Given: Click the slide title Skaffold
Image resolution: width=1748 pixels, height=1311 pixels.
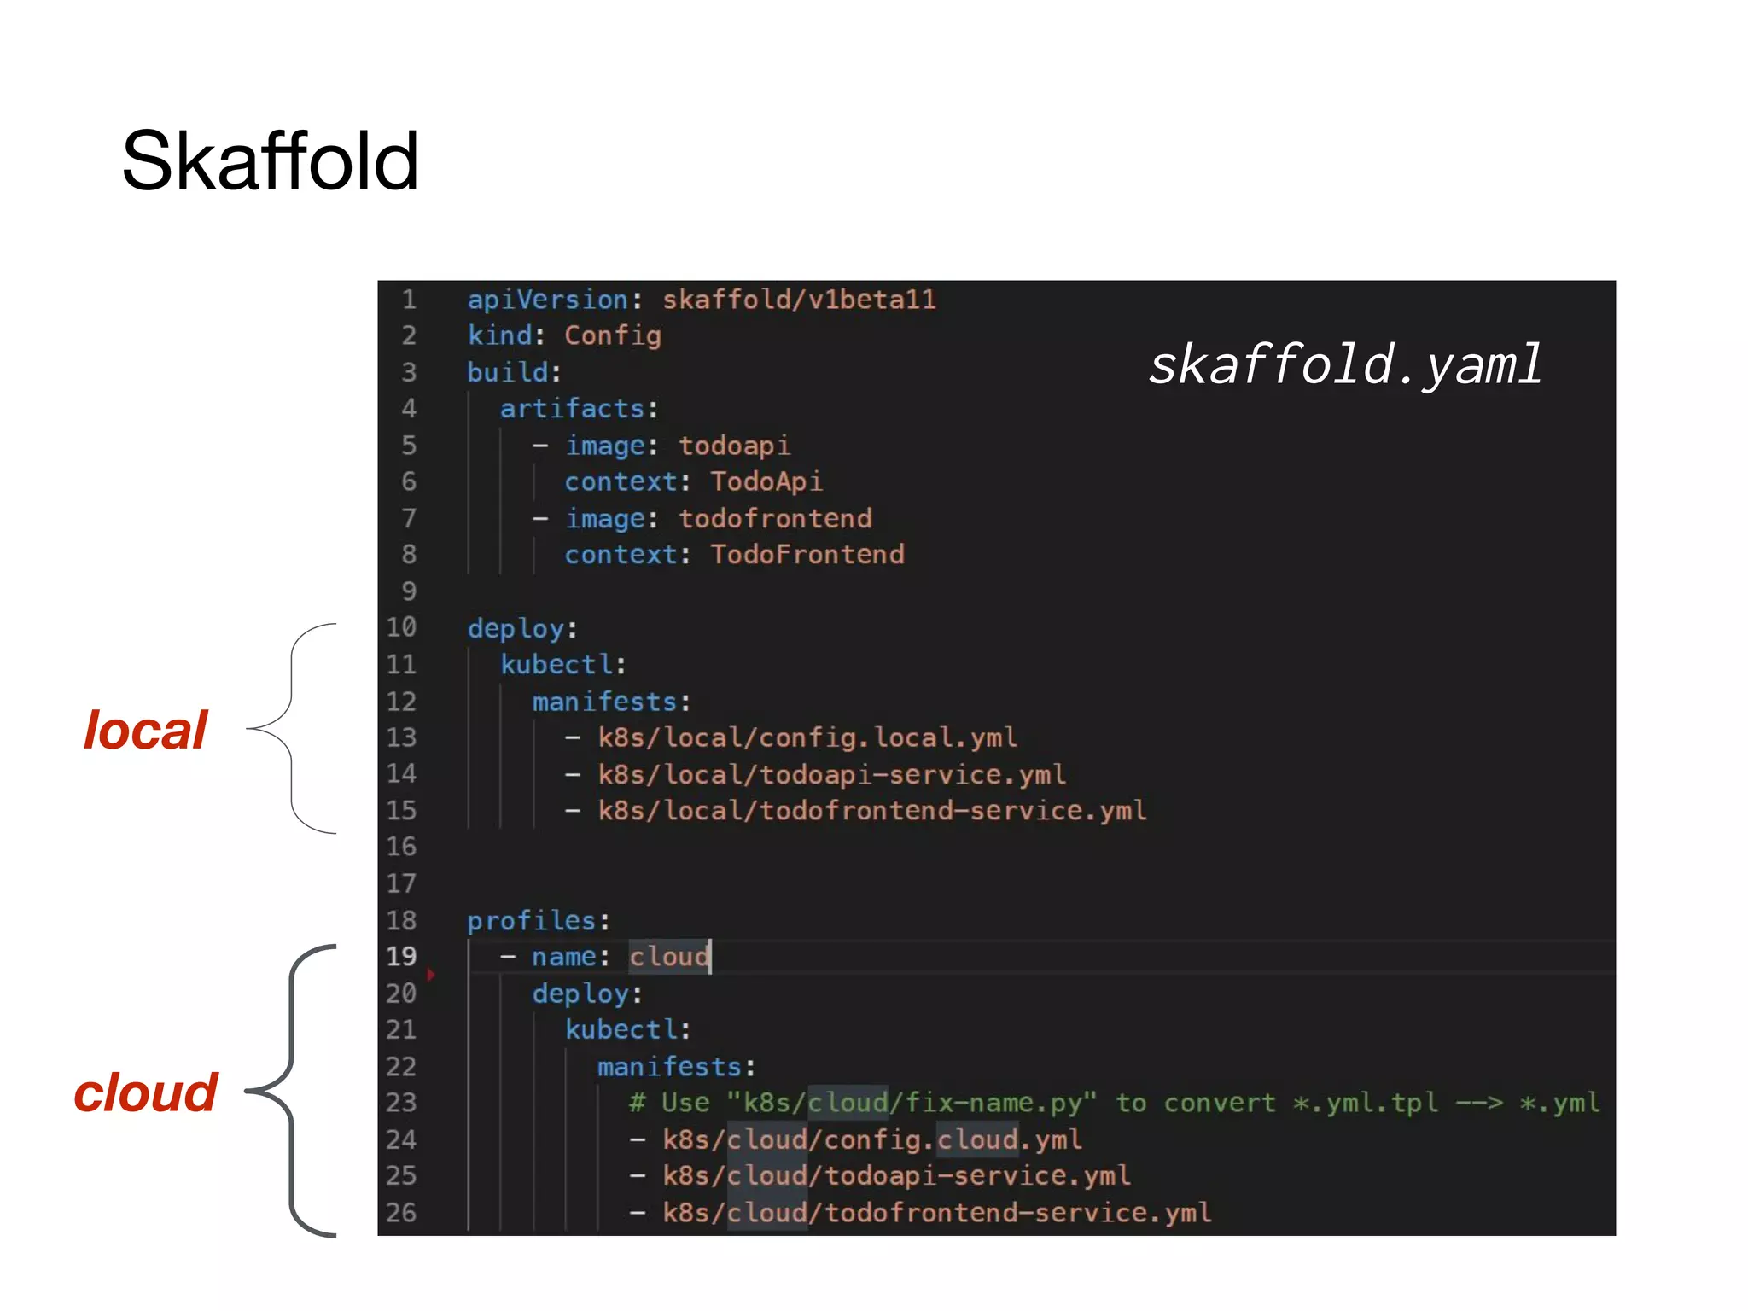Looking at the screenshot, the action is point(270,161).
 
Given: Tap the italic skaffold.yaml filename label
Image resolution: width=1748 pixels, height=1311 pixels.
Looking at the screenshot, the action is point(1344,365).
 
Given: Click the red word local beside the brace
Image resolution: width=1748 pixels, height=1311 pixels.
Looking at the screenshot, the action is point(145,731).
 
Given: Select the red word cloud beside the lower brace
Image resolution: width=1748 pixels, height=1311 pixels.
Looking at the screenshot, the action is point(146,1092).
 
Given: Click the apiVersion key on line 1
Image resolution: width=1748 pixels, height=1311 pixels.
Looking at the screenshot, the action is point(548,300).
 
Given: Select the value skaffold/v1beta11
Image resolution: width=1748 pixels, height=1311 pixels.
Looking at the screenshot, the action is point(799,300).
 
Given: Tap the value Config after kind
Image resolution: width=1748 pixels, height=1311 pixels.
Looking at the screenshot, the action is point(612,335).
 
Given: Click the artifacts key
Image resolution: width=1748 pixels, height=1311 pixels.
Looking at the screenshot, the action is point(572,409).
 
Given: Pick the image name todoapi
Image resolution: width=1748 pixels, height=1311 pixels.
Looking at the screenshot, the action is point(734,446).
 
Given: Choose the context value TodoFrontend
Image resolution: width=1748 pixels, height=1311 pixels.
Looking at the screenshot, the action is point(807,555).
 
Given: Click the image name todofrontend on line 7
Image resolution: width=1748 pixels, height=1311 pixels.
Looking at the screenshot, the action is point(774,518).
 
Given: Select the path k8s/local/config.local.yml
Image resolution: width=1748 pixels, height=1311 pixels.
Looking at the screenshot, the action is point(807,737).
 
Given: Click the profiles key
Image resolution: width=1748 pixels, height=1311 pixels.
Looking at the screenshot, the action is point(531,920).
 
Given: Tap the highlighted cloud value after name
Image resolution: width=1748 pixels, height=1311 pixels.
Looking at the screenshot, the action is point(669,957).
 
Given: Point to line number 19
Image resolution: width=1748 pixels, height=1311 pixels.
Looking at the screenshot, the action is point(401,957).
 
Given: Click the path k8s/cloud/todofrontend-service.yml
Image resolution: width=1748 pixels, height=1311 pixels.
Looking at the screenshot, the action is point(936,1213).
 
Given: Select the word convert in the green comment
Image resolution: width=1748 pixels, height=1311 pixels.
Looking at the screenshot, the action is point(1220,1103).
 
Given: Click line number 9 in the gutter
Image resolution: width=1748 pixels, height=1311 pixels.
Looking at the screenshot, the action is point(409,591).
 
